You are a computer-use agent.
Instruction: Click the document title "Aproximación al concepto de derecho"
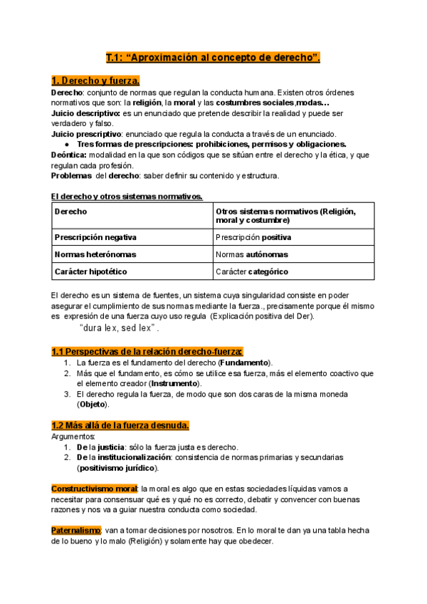tap(213, 58)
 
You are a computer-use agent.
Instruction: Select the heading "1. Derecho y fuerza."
tap(95, 80)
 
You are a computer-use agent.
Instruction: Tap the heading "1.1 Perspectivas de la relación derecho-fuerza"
tap(147, 351)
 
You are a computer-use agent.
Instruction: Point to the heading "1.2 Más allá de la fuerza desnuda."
tap(120, 425)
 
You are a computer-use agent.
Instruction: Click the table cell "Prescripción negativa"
tap(95, 237)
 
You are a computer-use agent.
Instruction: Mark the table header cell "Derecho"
tap(69, 212)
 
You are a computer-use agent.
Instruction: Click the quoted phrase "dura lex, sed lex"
tap(119, 328)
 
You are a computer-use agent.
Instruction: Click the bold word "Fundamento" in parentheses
tap(246, 363)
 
